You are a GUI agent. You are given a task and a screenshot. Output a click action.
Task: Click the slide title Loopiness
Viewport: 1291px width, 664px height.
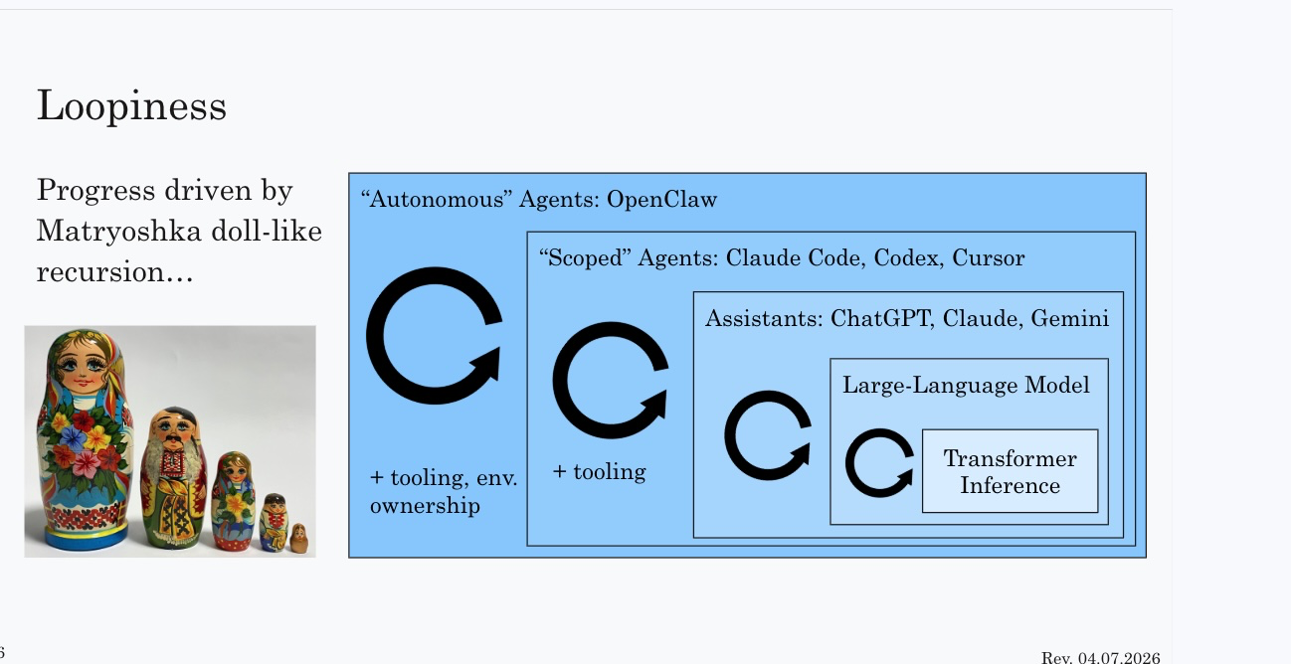pyautogui.click(x=131, y=106)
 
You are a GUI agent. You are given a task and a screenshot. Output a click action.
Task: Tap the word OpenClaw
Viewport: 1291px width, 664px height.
pyautogui.click(x=662, y=199)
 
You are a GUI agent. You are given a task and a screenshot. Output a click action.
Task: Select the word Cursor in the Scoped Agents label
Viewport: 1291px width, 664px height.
pyautogui.click(x=989, y=257)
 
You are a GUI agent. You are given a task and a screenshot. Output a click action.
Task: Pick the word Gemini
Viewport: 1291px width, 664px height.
pyautogui.click(x=1069, y=318)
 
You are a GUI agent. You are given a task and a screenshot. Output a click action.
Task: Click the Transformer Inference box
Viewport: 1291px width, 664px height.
pyautogui.click(x=1011, y=471)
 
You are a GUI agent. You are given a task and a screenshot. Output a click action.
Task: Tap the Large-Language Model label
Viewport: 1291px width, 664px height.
pyautogui.click(x=966, y=385)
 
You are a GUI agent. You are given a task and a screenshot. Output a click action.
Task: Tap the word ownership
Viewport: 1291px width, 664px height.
pyautogui.click(x=425, y=506)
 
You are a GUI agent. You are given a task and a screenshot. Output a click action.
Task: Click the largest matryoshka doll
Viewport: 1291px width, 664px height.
pyautogui.click(x=85, y=439)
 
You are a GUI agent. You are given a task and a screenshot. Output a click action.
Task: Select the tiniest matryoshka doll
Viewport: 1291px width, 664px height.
pyautogui.click(x=298, y=538)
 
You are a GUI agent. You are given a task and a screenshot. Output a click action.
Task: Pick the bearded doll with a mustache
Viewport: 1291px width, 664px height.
pyautogui.click(x=174, y=477)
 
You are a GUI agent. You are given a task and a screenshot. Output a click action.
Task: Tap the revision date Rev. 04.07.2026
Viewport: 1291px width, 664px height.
pyautogui.click(x=1100, y=657)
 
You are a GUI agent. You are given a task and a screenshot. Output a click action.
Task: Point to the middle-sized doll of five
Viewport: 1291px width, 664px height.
pyautogui.click(x=234, y=501)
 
